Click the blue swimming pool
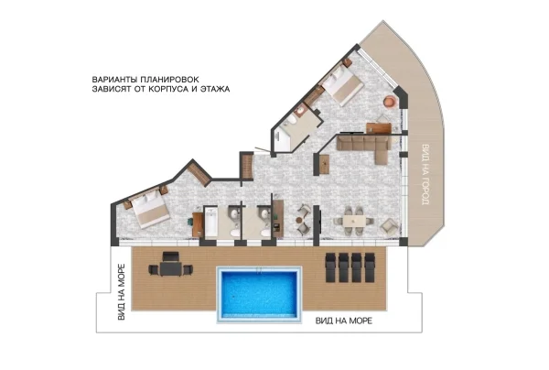pyautogui.click(x=260, y=294)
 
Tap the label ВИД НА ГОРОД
pyautogui.click(x=425, y=174)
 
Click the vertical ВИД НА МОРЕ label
pyautogui.click(x=121, y=292)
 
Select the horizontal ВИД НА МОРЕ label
pyautogui.click(x=344, y=321)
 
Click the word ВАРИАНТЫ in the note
pyautogui.click(x=114, y=80)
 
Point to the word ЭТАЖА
pyautogui.click(x=215, y=89)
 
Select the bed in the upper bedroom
pyautogui.click(x=342, y=85)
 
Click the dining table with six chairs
pyautogui.click(x=354, y=221)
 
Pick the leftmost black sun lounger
pyautogui.click(x=331, y=267)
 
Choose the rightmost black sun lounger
pyautogui.click(x=370, y=267)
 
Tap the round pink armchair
pyautogui.click(x=389, y=101)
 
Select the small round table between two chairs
pyautogui.click(x=299, y=221)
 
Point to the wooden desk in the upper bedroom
pyautogui.click(x=379, y=128)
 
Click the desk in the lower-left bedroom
pyautogui.click(x=198, y=224)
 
